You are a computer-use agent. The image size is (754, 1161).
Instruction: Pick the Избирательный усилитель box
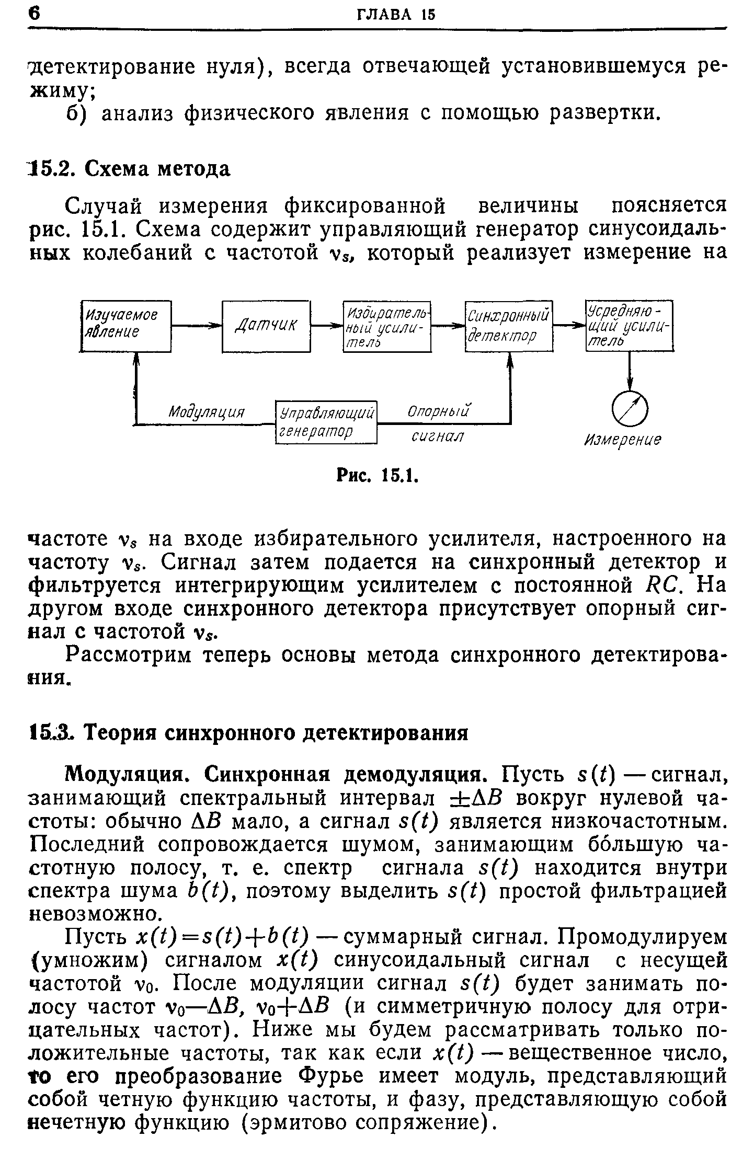387,327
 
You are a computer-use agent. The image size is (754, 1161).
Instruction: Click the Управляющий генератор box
326,422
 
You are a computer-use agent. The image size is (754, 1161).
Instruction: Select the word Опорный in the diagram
438,411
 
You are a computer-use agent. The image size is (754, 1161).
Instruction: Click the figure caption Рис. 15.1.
376,476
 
